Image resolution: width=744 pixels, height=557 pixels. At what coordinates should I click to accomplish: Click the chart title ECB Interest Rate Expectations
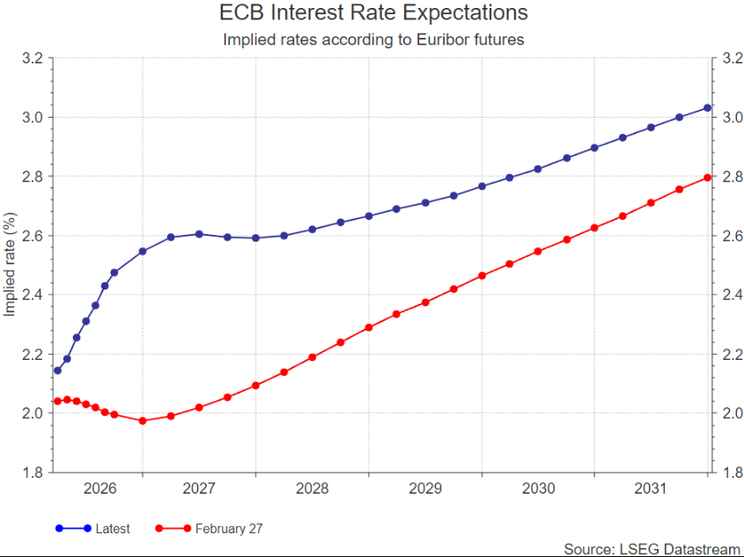(x=372, y=13)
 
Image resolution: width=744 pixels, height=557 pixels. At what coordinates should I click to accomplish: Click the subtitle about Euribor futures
(x=373, y=40)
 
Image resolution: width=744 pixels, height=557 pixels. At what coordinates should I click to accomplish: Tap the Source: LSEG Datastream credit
(x=652, y=548)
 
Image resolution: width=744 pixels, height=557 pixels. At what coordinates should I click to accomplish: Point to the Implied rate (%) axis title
(x=10, y=265)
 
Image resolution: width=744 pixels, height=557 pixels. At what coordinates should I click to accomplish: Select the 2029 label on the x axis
(x=425, y=488)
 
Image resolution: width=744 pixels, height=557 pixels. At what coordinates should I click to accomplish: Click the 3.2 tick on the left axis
(x=32, y=58)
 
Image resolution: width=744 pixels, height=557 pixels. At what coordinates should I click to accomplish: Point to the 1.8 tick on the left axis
(x=32, y=473)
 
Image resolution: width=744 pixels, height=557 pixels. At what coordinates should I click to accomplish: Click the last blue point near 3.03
(x=707, y=108)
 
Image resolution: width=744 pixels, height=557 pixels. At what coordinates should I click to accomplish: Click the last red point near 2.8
(x=707, y=178)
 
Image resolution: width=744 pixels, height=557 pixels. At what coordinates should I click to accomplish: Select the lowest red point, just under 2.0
(x=143, y=421)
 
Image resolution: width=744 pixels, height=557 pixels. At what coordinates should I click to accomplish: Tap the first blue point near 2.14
(x=57, y=370)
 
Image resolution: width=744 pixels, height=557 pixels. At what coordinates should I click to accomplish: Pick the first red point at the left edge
(x=57, y=400)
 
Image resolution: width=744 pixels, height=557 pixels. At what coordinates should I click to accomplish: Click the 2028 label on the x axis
(x=313, y=488)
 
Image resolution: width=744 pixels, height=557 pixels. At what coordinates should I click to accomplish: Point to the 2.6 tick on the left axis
(x=32, y=236)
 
